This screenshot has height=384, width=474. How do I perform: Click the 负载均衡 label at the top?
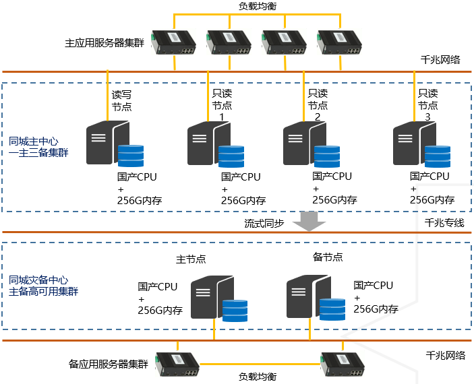(258, 5)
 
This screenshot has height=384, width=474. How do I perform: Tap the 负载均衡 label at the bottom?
(258, 377)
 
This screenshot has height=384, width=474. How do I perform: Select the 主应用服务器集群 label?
(105, 42)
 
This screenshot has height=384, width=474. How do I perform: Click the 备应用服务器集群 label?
(109, 364)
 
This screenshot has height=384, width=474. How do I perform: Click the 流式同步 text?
(264, 222)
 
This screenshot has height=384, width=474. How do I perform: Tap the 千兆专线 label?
(444, 222)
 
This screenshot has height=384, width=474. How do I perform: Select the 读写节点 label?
(121, 100)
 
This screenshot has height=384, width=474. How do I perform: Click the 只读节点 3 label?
(427, 105)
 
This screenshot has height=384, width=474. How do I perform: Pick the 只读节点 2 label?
(318, 105)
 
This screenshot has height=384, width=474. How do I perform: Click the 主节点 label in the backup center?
(191, 259)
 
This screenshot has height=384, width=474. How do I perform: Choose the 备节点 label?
(328, 257)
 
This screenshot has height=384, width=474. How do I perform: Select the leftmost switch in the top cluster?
(174, 42)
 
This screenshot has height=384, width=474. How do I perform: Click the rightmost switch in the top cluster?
(339, 42)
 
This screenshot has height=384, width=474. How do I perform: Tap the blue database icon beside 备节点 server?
(332, 309)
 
